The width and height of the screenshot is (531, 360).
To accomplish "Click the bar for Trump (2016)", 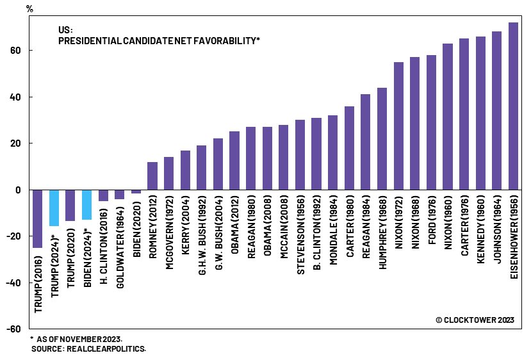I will [x=38, y=218].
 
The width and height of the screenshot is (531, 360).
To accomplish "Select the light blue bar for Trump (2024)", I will [x=54, y=208].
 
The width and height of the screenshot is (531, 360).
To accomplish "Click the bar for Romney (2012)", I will [x=152, y=176].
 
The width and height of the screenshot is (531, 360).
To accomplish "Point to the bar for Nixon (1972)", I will [x=398, y=126].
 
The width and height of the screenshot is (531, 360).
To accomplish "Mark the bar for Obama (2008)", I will [x=267, y=158].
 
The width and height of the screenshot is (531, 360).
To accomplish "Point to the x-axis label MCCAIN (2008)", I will [x=284, y=227].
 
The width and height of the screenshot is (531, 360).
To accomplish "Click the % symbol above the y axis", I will [x=29, y=8].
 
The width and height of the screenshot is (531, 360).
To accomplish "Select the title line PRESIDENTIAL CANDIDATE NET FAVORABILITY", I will [x=159, y=40].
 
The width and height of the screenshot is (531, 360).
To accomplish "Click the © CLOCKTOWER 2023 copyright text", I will [x=475, y=320].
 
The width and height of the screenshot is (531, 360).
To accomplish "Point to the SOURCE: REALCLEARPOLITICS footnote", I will [x=88, y=348].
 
